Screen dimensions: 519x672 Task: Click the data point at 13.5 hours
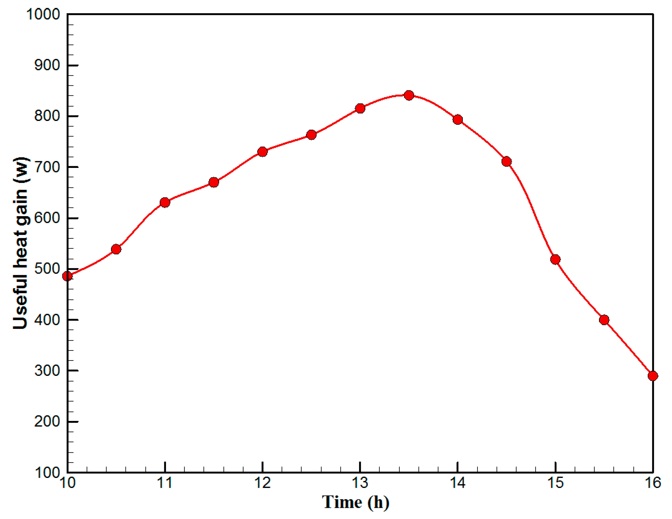pos(409,95)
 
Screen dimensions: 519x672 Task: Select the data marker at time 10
pos(67,276)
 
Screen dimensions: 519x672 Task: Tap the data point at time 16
pos(653,376)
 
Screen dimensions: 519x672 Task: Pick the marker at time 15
pos(555,259)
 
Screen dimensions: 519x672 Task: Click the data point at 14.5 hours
pos(507,161)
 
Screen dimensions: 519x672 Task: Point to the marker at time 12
pos(263,151)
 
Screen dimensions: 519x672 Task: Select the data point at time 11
pos(165,202)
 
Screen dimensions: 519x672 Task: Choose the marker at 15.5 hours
pos(604,320)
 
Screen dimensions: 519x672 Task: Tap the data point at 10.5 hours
pos(116,249)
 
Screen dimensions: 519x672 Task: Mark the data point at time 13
pos(360,108)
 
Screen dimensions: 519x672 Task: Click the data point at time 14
pos(458,119)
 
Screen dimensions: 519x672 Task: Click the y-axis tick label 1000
pos(43,14)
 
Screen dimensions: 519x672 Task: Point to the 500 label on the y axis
pos(47,269)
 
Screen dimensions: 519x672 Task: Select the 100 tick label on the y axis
pos(47,473)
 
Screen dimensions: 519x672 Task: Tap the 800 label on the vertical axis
pos(47,117)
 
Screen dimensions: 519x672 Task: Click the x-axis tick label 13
pos(360,483)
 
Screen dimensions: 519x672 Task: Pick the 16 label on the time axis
pos(653,483)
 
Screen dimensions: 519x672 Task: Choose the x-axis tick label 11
pos(165,483)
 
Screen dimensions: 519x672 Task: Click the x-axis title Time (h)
pos(356,502)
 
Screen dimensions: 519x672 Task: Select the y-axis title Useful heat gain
pos(21,243)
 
